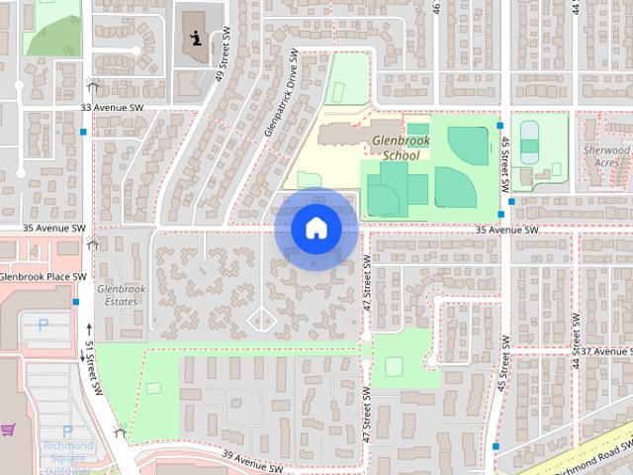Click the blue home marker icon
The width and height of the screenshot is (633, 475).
coord(316,228)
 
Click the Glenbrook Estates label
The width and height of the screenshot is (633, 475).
coord(121,294)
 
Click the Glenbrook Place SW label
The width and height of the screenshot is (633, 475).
coord(43,276)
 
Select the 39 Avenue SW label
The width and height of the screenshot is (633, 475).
coord(253,457)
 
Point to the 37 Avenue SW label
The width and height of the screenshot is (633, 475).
coord(606,351)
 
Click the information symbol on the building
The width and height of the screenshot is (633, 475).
coord(197,40)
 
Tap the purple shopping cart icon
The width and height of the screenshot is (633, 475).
coord(8,429)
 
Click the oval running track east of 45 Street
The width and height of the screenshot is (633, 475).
coord(530,142)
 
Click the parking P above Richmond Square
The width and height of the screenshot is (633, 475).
coord(67,430)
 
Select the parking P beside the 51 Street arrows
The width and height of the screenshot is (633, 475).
coord(43,324)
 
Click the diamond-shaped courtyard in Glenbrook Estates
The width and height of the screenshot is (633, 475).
coord(260,319)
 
